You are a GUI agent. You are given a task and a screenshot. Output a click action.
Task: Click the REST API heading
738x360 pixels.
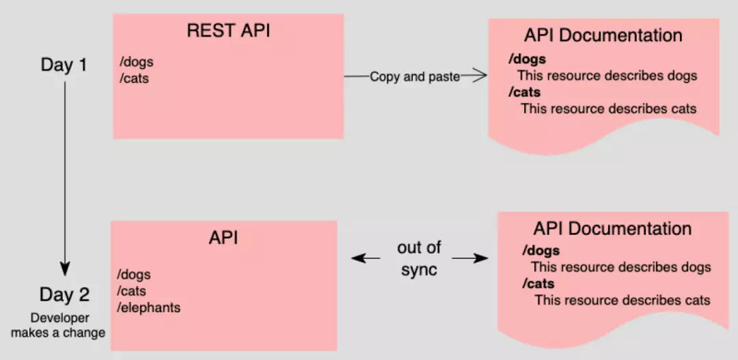pos(228,31)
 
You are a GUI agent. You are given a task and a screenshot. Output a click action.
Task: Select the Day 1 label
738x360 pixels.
pos(64,66)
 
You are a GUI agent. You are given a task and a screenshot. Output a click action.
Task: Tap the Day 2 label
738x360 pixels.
pos(64,295)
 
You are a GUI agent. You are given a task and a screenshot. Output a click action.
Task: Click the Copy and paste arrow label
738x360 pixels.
pos(415,77)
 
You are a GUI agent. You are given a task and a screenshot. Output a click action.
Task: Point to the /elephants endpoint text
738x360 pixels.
pos(149,307)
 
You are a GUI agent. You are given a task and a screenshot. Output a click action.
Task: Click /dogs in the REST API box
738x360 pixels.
pos(136,63)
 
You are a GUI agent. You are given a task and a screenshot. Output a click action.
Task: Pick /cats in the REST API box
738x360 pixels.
pos(134,78)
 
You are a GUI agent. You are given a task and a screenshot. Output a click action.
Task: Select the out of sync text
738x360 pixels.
pos(419,258)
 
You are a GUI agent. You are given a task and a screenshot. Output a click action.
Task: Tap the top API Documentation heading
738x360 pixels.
pos(603,36)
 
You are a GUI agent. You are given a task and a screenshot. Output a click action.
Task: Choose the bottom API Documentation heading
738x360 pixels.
pos(612,229)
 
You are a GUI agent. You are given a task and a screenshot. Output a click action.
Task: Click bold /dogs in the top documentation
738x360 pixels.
pos(527,59)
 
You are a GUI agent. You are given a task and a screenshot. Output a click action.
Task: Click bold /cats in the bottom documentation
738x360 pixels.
pos(538,283)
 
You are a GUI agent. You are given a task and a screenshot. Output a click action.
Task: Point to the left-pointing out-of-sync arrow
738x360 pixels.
pos(366,258)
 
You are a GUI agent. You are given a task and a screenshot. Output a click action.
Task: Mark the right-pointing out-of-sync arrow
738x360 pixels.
pos(471,258)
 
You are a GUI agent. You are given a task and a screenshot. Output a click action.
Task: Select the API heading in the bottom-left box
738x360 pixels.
pos(223,238)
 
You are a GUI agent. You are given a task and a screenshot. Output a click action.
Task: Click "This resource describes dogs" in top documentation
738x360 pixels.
pos(607,76)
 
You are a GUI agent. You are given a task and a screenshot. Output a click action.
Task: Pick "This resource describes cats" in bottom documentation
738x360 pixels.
pos(622,300)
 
